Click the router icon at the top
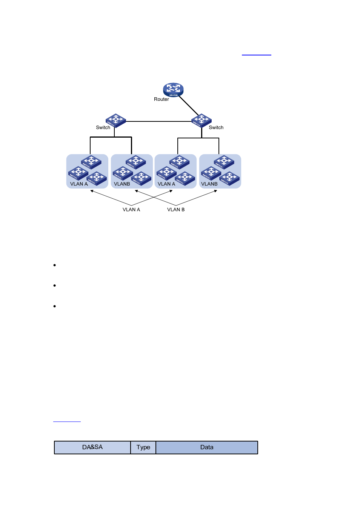click(x=173, y=89)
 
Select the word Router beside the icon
click(x=161, y=100)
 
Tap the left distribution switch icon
click(x=115, y=120)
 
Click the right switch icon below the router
click(x=201, y=120)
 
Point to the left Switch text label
click(x=103, y=127)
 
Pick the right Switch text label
click(x=216, y=127)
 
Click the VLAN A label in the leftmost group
click(x=79, y=184)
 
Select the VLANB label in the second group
click(x=122, y=184)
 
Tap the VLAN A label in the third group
click(x=166, y=184)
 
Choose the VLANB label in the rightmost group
click(x=209, y=184)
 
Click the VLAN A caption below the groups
click(x=131, y=210)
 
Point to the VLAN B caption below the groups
click(x=176, y=210)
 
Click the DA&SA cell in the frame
click(x=92, y=447)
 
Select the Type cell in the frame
click(x=143, y=448)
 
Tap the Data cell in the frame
click(x=207, y=448)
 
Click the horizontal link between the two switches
click(x=158, y=121)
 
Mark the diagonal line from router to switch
click(x=189, y=106)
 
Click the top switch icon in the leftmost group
click(x=91, y=162)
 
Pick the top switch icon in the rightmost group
click(x=224, y=162)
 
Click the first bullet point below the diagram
click(x=55, y=265)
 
